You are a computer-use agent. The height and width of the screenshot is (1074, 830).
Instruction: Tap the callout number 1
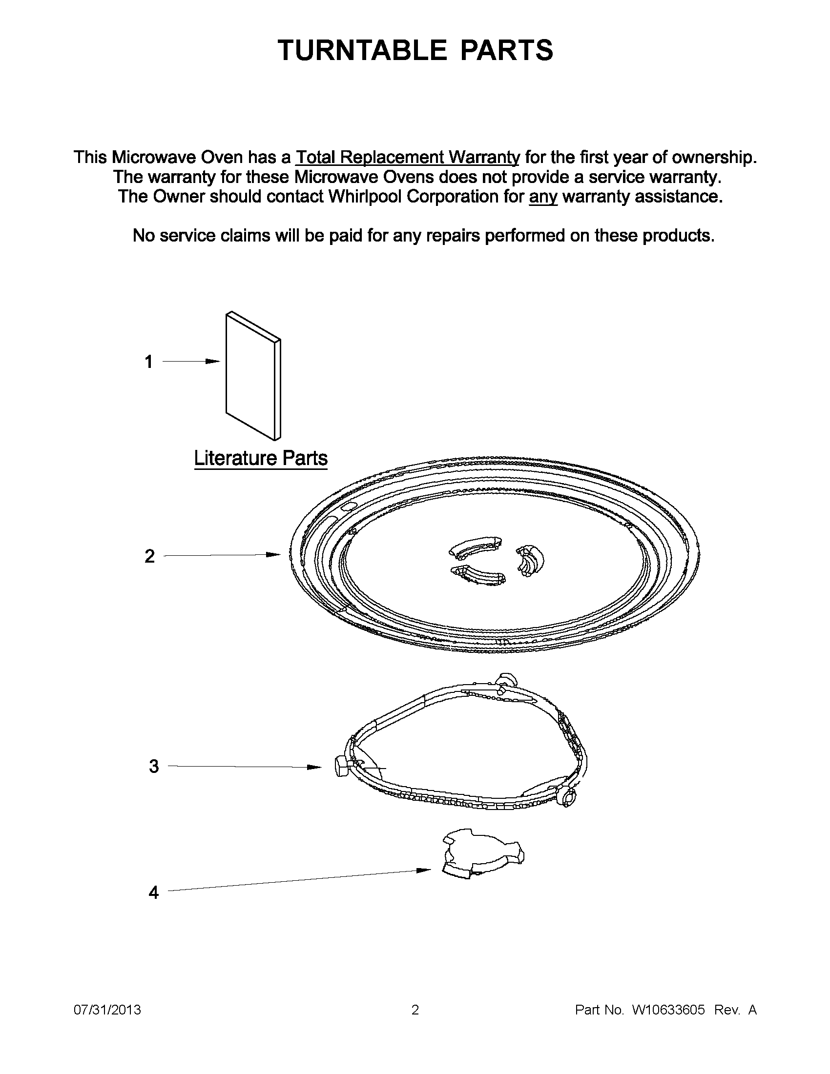pos(148,362)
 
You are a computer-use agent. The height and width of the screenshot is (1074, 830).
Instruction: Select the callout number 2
pos(149,556)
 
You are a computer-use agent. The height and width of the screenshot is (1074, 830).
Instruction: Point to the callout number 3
pos(154,766)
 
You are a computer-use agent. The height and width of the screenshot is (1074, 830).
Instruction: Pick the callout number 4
pos(153,892)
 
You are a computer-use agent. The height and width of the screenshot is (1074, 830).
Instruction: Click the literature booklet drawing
pos(253,376)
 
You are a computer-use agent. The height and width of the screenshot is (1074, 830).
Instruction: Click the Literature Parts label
pos(261,458)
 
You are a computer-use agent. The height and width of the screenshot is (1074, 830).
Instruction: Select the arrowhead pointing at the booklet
pos(213,362)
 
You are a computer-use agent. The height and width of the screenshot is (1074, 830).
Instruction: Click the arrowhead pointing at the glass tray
pos(274,555)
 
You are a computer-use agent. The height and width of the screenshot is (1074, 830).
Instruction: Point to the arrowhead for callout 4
pos(425,871)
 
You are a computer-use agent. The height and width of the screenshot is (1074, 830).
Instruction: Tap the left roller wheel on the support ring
pos(340,766)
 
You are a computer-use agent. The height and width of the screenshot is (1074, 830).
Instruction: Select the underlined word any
pos(543,197)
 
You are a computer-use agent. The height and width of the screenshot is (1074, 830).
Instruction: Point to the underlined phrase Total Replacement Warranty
pos(407,157)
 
